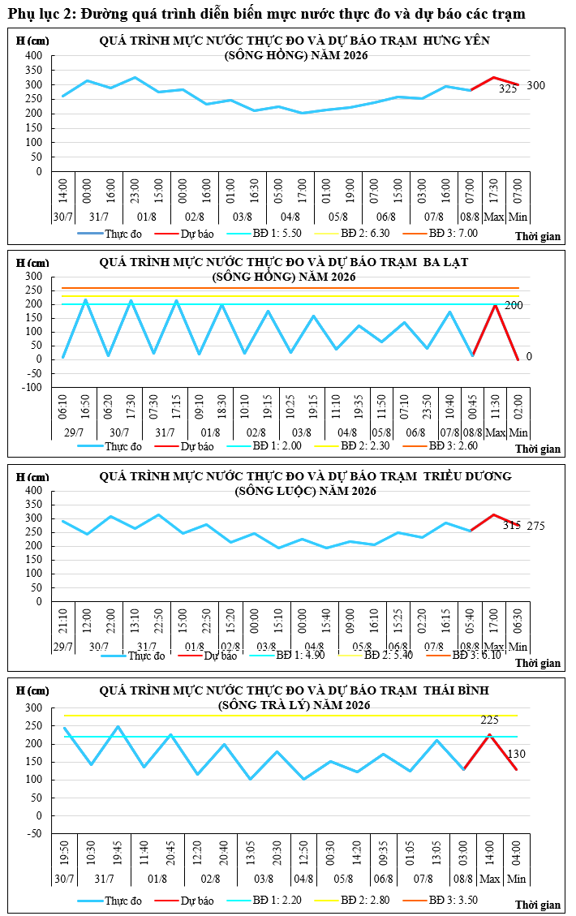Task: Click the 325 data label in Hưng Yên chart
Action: (508, 88)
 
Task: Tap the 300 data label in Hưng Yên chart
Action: (535, 85)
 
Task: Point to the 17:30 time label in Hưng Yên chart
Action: (493, 191)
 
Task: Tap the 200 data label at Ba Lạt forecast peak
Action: (514, 305)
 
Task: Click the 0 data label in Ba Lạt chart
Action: (529, 356)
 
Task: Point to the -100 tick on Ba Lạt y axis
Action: (32, 387)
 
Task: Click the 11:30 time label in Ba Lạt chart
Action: (496, 406)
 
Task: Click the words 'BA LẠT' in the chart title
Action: (445, 262)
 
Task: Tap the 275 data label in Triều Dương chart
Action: (535, 526)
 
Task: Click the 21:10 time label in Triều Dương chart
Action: (63, 621)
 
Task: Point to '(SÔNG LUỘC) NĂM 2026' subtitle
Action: (306, 492)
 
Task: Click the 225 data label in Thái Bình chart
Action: (489, 720)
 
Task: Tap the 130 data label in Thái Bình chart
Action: (517, 755)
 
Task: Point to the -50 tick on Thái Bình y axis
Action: (34, 833)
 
